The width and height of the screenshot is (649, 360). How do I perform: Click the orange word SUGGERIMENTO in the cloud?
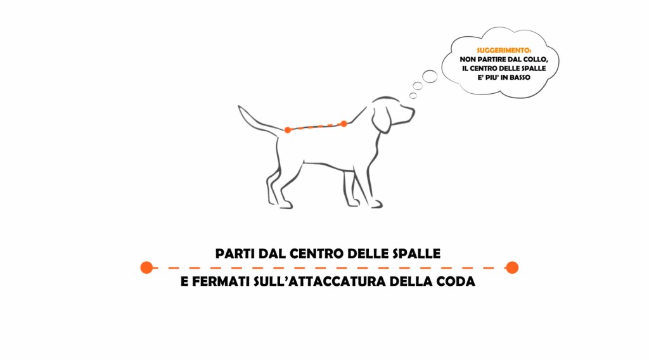(504, 51)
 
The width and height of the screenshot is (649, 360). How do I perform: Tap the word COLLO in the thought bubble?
(536, 60)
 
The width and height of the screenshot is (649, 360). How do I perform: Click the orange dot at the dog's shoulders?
(344, 124)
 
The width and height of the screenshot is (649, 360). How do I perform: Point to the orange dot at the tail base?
(288, 130)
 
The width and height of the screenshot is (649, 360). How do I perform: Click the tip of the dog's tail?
(239, 106)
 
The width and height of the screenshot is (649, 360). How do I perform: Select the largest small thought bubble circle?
(430, 77)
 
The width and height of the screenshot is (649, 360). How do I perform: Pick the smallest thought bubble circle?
(413, 96)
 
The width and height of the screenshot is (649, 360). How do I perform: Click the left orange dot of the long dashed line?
(146, 267)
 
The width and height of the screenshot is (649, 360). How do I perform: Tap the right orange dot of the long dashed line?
(512, 267)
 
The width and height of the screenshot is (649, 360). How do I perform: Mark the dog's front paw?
(375, 205)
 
